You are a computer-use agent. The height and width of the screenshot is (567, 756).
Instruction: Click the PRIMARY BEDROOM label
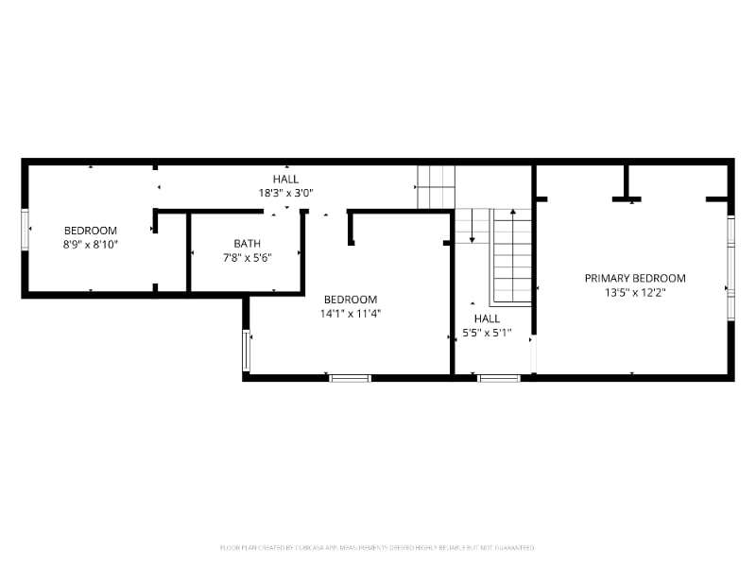tap(635, 278)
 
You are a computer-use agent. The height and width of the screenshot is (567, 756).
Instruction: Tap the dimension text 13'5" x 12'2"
tap(635, 292)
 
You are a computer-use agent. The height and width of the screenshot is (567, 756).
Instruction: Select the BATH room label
tap(248, 244)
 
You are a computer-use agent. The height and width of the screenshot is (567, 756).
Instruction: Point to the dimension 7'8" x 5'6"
tap(248, 257)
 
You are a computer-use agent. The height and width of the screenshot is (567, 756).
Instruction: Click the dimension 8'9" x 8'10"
tap(91, 244)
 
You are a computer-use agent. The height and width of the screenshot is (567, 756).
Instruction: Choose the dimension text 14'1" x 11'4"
tap(351, 313)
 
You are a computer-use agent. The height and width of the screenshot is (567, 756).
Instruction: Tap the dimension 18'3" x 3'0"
tap(285, 192)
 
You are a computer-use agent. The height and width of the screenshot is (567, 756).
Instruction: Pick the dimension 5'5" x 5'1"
tap(488, 333)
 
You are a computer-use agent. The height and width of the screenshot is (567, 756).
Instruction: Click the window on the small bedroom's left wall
tap(26, 230)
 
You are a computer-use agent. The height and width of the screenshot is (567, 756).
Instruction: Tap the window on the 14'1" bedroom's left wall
tap(247, 350)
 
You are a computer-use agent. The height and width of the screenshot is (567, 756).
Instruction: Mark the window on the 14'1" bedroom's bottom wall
tap(350, 378)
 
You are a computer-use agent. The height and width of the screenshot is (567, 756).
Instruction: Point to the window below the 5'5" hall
tap(499, 378)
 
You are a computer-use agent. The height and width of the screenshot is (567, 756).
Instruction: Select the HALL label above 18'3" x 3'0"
tap(285, 179)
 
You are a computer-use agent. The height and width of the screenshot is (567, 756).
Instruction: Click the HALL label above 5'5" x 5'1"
tap(488, 318)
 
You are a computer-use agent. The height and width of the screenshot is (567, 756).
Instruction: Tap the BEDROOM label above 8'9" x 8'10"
tap(91, 231)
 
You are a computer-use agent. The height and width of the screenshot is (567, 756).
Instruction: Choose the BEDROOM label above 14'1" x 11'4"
tap(351, 300)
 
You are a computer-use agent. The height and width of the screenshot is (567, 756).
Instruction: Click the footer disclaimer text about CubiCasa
tap(378, 547)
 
